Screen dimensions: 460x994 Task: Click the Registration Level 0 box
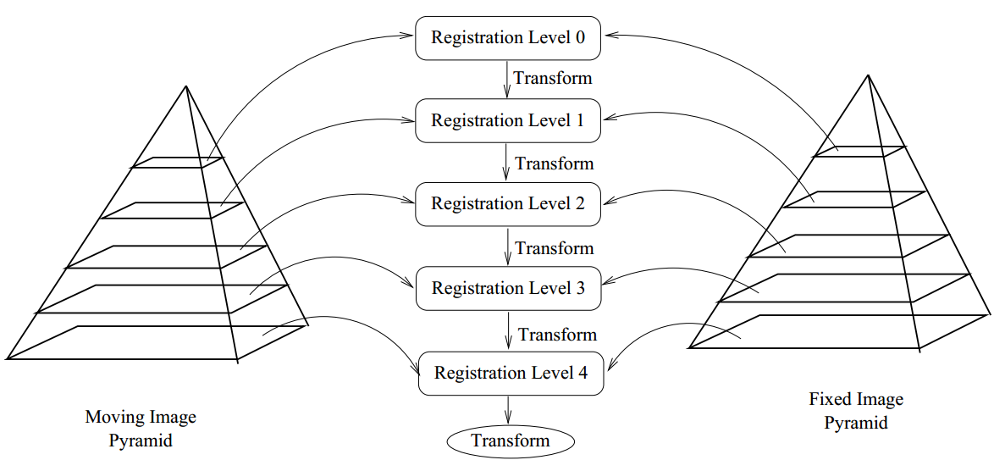(508, 38)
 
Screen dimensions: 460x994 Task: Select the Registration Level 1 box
(508, 121)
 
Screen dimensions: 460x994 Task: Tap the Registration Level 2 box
(508, 204)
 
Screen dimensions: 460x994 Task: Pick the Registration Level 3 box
(508, 289)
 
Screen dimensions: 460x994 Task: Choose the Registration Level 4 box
(511, 374)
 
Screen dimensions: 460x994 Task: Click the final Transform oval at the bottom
(511, 441)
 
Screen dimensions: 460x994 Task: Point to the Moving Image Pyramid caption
(141, 429)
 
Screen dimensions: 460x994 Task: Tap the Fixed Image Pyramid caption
(856, 411)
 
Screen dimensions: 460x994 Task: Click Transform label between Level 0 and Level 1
(552, 79)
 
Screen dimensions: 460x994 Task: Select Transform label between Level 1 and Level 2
(555, 163)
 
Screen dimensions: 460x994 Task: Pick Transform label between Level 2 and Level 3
(555, 248)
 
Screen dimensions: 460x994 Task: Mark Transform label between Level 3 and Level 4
(557, 335)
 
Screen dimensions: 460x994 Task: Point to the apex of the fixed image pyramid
(868, 75)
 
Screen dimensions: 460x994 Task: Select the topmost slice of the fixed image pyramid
(859, 151)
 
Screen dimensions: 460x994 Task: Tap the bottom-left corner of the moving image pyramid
(8, 357)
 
